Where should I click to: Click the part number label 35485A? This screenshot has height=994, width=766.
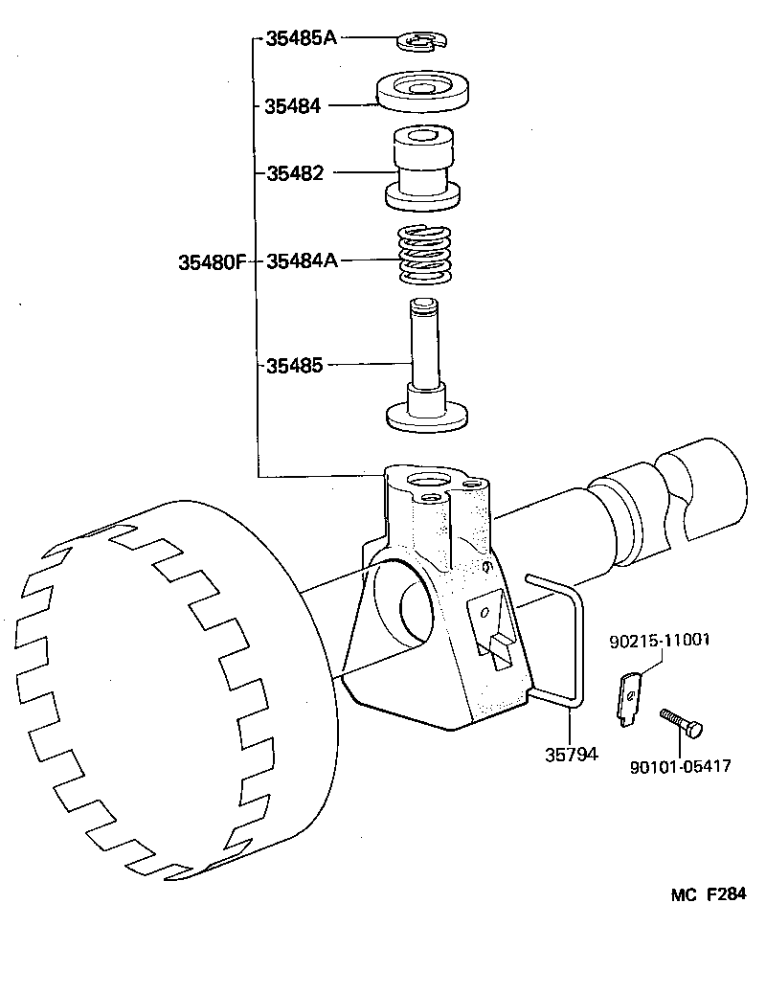[300, 40]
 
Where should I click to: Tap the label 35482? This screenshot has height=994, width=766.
[295, 173]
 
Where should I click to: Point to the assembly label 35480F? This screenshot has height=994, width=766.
[213, 261]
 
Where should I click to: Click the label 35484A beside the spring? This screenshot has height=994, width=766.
[302, 260]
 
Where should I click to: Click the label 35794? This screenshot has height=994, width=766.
[571, 754]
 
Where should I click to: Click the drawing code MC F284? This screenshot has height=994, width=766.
[707, 895]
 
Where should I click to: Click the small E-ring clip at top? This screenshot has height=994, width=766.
[422, 41]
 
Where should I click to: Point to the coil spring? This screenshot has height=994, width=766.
[424, 254]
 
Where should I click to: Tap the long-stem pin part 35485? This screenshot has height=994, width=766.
[425, 369]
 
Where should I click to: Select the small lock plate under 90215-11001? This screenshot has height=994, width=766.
[627, 697]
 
